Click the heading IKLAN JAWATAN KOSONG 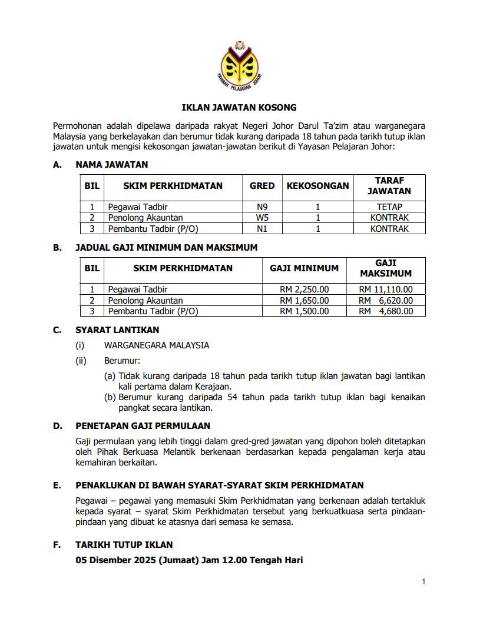[239, 108]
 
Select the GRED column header [262, 186]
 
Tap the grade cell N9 [262, 207]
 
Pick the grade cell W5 [262, 218]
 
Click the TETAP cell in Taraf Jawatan [389, 207]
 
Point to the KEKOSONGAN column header [317, 186]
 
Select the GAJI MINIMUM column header [304, 268]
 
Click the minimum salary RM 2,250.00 [304, 290]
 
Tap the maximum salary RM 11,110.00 [386, 290]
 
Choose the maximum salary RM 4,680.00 [386, 311]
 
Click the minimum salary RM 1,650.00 [304, 301]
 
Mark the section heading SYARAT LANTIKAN [117, 330]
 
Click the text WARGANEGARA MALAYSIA [157, 345]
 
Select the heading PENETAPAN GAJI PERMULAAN [143, 425]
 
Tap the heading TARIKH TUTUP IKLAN [124, 545]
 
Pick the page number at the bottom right [423, 582]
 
